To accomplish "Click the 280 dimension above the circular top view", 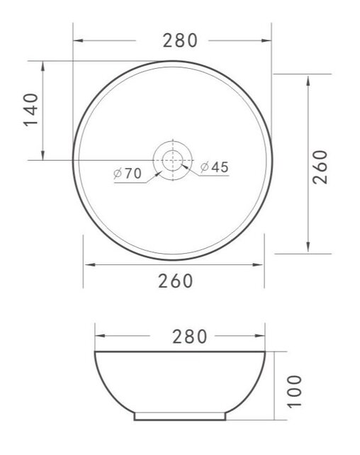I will [x=179, y=40].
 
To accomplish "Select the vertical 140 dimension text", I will [x=30, y=110].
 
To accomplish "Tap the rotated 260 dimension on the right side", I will [x=320, y=166].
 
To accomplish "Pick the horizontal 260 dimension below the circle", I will [x=175, y=281].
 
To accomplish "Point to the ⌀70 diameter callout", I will [x=128, y=173].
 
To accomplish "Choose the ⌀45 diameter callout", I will [x=214, y=167].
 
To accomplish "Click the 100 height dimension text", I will [x=296, y=391].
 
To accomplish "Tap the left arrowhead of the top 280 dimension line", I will [x=77, y=40].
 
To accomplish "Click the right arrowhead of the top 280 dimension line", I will [x=269, y=40].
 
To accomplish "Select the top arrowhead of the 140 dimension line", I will [x=44, y=64].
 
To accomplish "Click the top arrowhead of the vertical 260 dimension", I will [x=308, y=77].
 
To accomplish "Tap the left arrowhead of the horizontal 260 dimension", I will [x=88, y=265].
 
